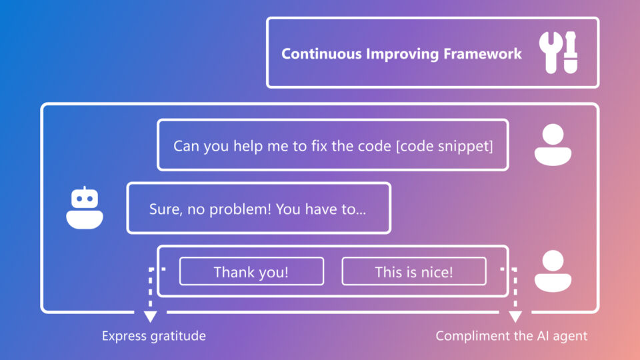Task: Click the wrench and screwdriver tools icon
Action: (559, 52)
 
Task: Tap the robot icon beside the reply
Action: (85, 208)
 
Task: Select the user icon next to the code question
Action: (553, 145)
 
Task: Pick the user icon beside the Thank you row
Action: (553, 271)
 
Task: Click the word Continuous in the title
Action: (321, 54)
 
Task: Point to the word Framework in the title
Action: (483, 54)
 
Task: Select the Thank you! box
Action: (251, 272)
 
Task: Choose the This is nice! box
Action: (413, 272)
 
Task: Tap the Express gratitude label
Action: (153, 336)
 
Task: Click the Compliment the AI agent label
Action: (511, 336)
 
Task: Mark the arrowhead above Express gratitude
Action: (150, 316)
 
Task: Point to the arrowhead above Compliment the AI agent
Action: (515, 316)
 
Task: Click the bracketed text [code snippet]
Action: (444, 146)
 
